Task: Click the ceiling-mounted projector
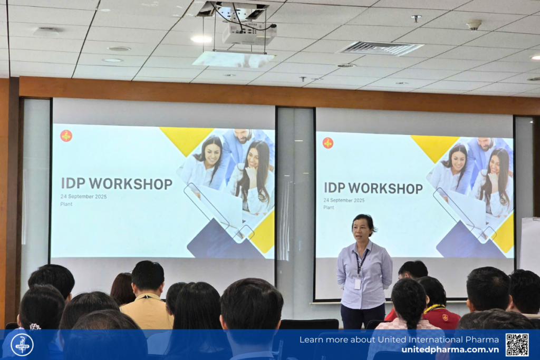pos(249,33)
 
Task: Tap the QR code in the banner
pos(517,345)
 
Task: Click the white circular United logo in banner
pos(22,345)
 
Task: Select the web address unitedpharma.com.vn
pos(450,349)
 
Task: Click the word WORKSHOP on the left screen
pos(131,184)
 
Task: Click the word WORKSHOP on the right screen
pos(385,189)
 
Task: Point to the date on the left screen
pos(84,197)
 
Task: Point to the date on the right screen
pos(344,200)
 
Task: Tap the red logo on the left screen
pos(66,136)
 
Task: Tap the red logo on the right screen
pos(328,143)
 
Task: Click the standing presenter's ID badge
pos(358,284)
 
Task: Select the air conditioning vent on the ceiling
pos(380,48)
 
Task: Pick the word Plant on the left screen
pos(66,204)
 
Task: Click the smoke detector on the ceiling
pos(474,25)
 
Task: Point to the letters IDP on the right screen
pos(335,188)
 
